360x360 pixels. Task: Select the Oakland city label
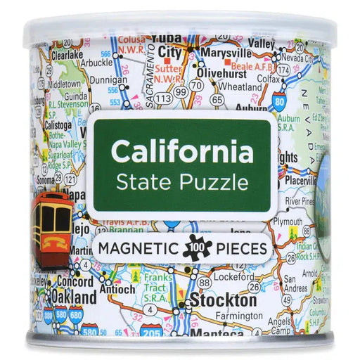click(73, 297)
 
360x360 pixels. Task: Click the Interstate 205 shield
click(151, 331)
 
